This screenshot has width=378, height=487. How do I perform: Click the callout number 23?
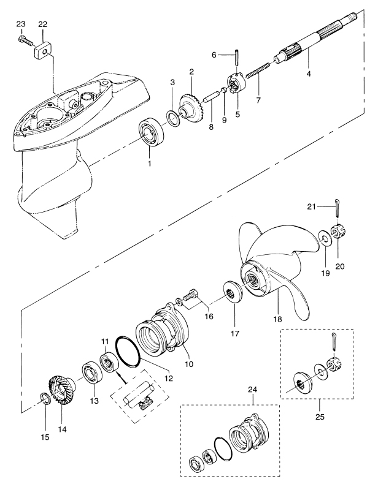pos(20,25)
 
